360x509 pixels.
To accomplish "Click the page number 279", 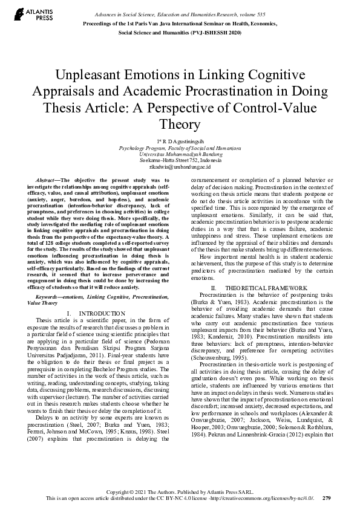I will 327,498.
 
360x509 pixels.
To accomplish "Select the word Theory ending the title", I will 180,125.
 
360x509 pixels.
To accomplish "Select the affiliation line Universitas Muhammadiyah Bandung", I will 180,154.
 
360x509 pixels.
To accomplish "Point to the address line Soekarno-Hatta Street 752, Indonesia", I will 180,160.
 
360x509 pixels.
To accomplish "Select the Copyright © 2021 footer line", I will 180,492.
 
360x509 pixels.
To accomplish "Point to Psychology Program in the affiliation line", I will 141,148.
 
